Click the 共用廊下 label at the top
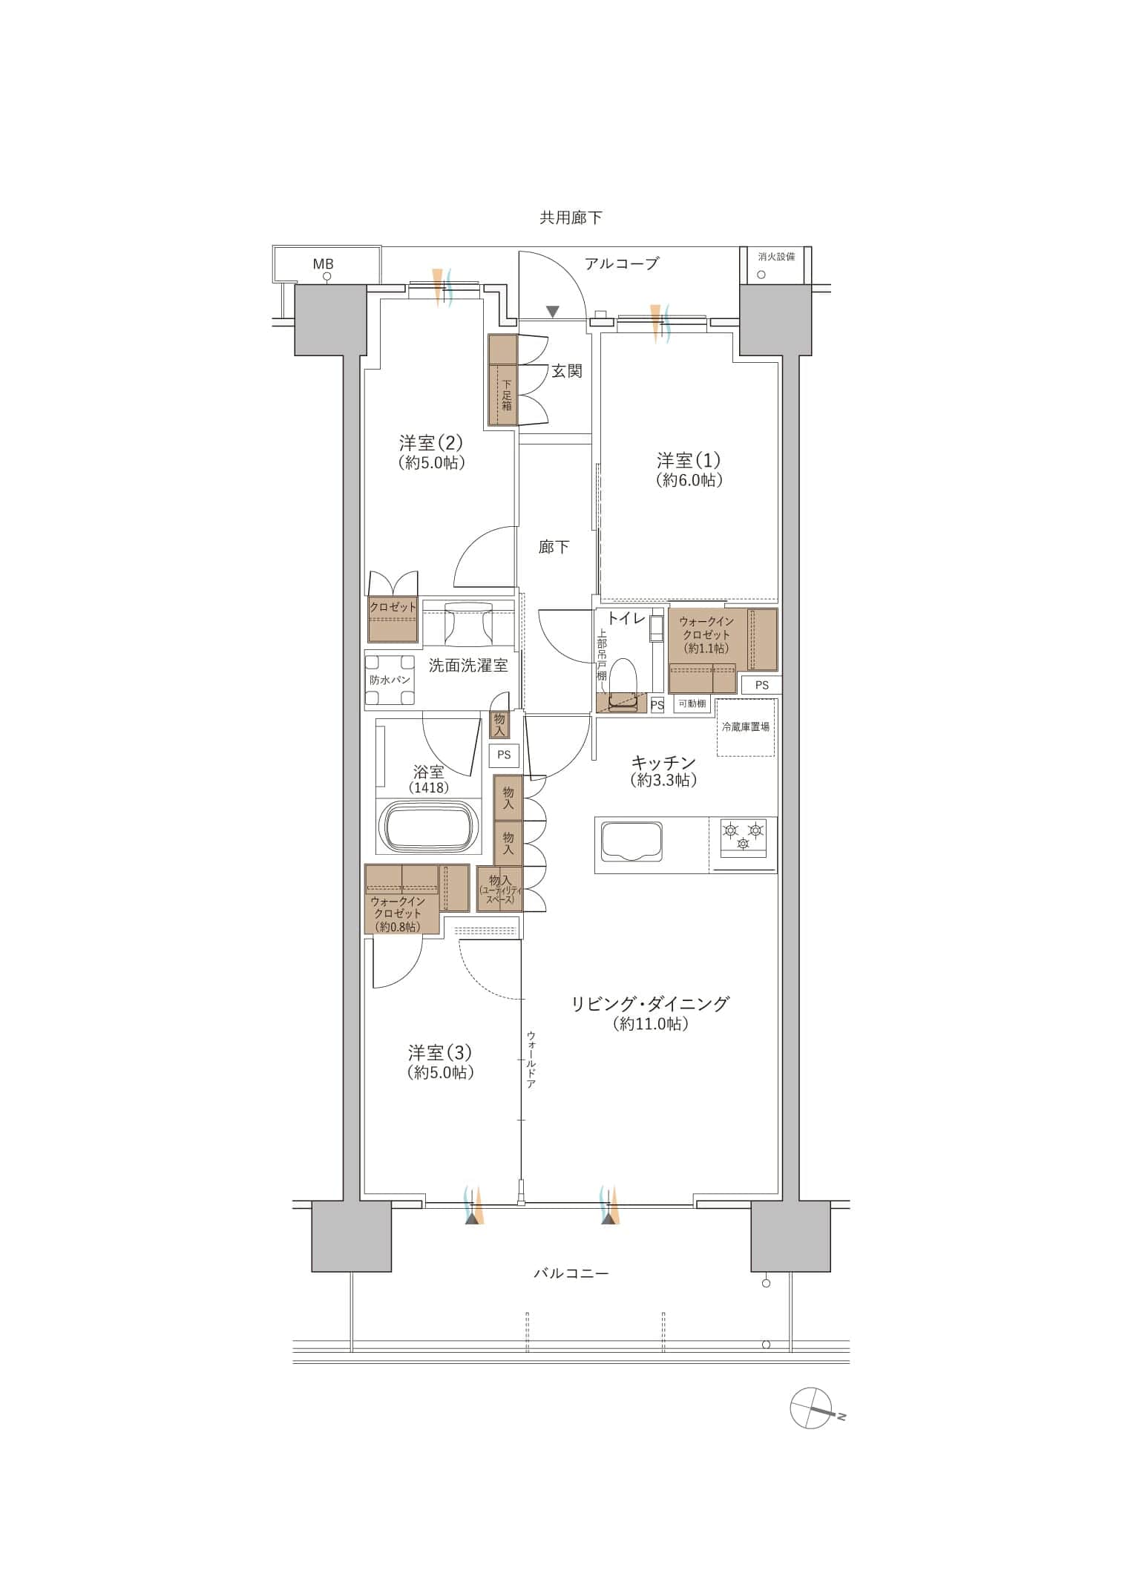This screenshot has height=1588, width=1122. point(571,217)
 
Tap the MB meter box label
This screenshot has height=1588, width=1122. point(323,263)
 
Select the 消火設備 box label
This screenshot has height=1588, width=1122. point(776,257)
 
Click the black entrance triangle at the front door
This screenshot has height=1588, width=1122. point(552,311)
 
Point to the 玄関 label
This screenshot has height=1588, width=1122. point(567,371)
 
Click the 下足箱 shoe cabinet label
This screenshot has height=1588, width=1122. point(507,395)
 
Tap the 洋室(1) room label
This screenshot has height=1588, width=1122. point(689,460)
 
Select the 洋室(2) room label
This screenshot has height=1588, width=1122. point(431,443)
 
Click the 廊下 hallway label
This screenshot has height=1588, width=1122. point(554,548)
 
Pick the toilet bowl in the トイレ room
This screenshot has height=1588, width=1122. point(623,677)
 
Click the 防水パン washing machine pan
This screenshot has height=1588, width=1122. point(390,680)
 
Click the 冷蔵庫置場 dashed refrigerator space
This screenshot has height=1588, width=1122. point(746,727)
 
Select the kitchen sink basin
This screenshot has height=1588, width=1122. point(632,841)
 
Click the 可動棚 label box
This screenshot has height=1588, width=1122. point(692,703)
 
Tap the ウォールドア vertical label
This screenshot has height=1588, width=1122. point(531,1059)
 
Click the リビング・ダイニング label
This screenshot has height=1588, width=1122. point(650,1004)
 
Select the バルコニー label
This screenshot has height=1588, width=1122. point(571,1273)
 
